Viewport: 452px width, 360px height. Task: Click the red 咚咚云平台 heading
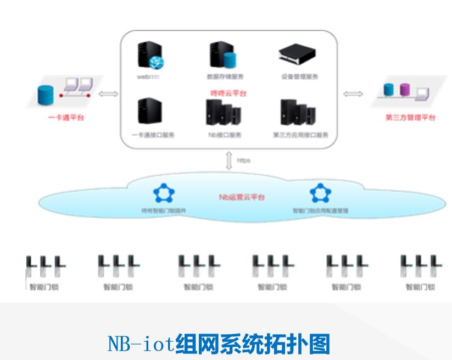229,93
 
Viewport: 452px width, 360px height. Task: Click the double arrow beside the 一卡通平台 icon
108,94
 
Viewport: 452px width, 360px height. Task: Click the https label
243,160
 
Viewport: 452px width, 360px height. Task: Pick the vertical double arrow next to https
229,160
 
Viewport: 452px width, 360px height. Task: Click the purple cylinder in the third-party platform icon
405,90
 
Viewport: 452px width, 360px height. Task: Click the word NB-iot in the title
141,345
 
